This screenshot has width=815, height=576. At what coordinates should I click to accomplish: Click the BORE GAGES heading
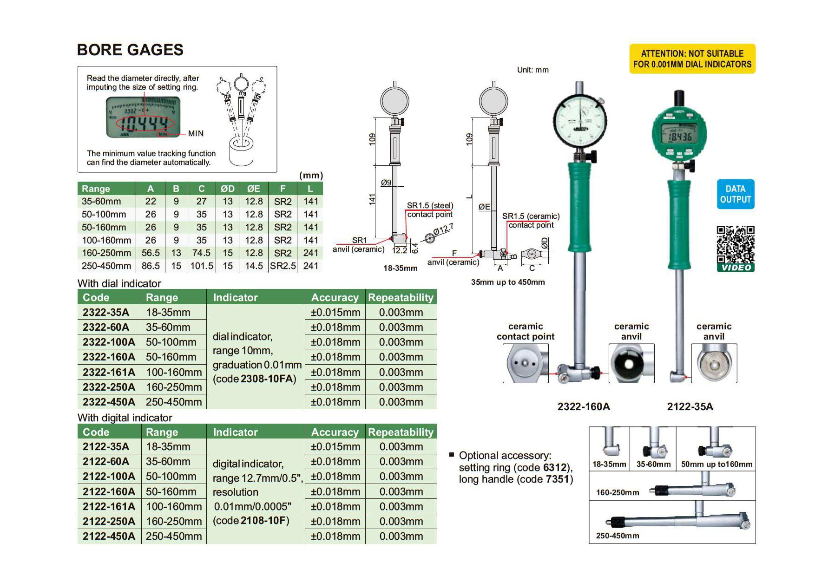click(130, 50)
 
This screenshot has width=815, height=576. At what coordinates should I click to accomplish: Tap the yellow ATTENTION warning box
click(692, 59)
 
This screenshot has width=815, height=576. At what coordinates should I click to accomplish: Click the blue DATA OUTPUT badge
click(736, 194)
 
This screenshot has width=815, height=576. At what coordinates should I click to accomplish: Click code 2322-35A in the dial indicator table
click(106, 312)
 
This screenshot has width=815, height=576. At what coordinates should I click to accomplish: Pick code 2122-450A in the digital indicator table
click(109, 536)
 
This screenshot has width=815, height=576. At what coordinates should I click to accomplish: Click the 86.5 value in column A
click(151, 266)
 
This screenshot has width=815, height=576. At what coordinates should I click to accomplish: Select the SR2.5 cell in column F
click(283, 266)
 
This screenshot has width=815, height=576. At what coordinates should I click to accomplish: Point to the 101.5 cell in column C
click(202, 266)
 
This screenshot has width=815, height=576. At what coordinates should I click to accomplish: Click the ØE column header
click(254, 189)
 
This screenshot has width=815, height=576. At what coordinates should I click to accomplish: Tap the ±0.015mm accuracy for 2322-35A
click(335, 312)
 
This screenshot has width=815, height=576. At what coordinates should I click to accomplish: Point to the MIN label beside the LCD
click(196, 133)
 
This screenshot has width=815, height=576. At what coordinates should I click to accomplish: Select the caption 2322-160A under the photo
click(584, 406)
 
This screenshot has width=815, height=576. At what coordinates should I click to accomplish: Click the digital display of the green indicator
click(680, 136)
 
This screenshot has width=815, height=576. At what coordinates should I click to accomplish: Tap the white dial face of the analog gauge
click(580, 120)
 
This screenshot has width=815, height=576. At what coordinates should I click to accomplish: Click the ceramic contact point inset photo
click(526, 363)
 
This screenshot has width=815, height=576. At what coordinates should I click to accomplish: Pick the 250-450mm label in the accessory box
click(618, 536)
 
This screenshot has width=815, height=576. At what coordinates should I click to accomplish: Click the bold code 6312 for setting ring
click(555, 467)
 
